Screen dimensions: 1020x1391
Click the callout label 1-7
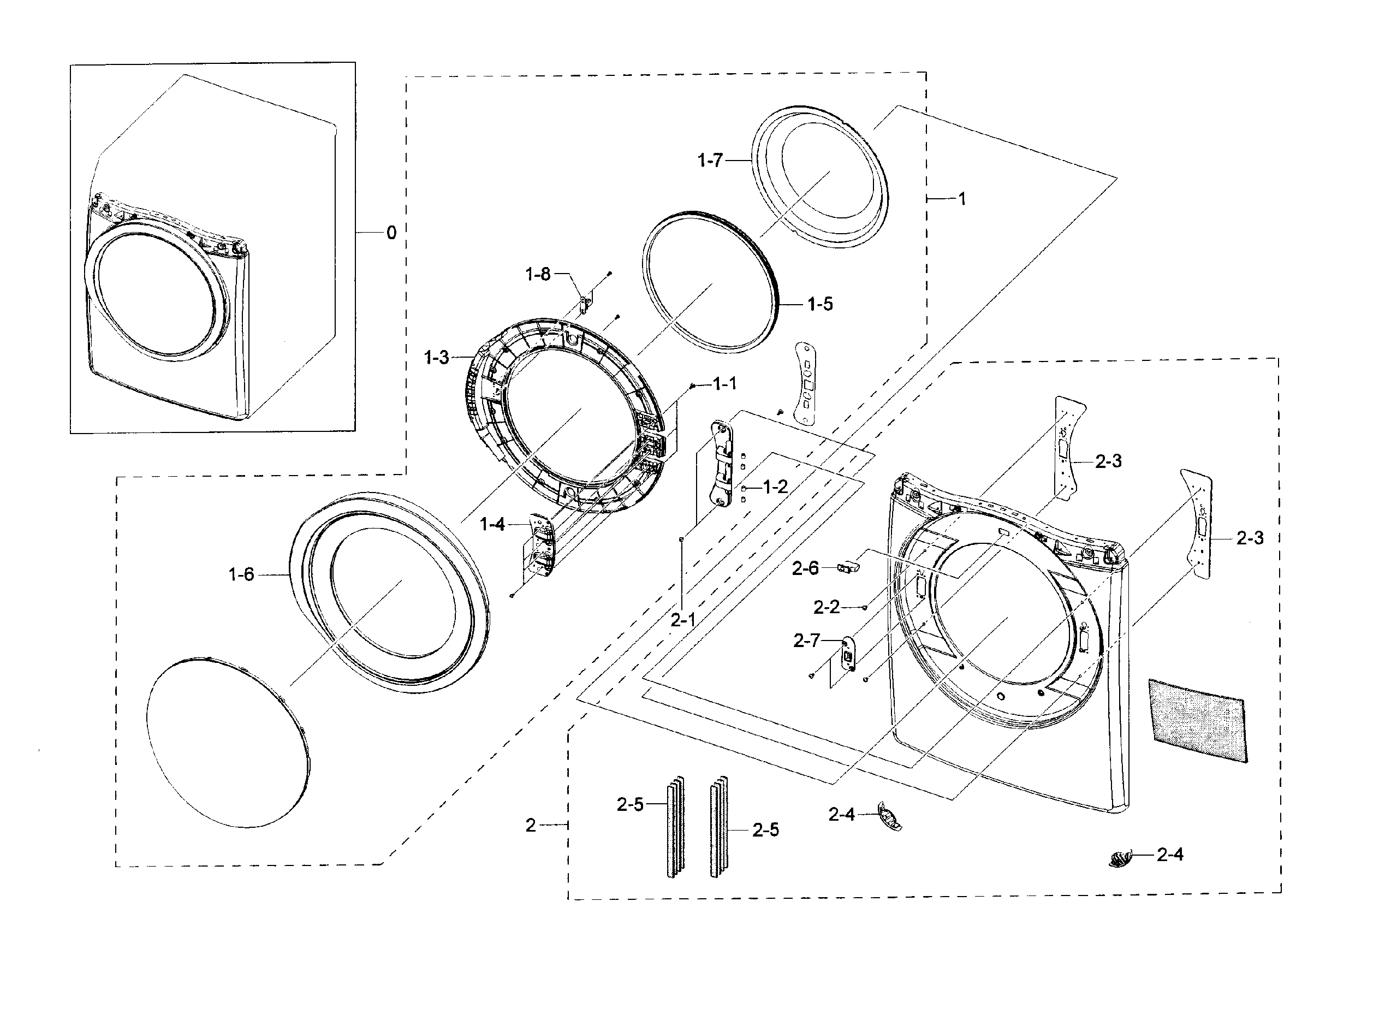pos(710,161)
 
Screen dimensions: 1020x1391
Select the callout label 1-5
pos(820,304)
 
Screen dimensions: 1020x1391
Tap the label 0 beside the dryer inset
pos(391,233)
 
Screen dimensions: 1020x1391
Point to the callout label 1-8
pos(538,274)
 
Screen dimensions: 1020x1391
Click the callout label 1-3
pos(436,358)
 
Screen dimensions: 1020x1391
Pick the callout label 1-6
pos(241,575)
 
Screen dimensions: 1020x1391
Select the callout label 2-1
pos(683,620)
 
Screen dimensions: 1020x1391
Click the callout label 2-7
pos(806,641)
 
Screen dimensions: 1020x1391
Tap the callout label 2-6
pos(805,568)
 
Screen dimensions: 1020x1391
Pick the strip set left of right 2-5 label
pos(719,827)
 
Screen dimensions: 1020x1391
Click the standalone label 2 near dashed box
pos(531,825)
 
